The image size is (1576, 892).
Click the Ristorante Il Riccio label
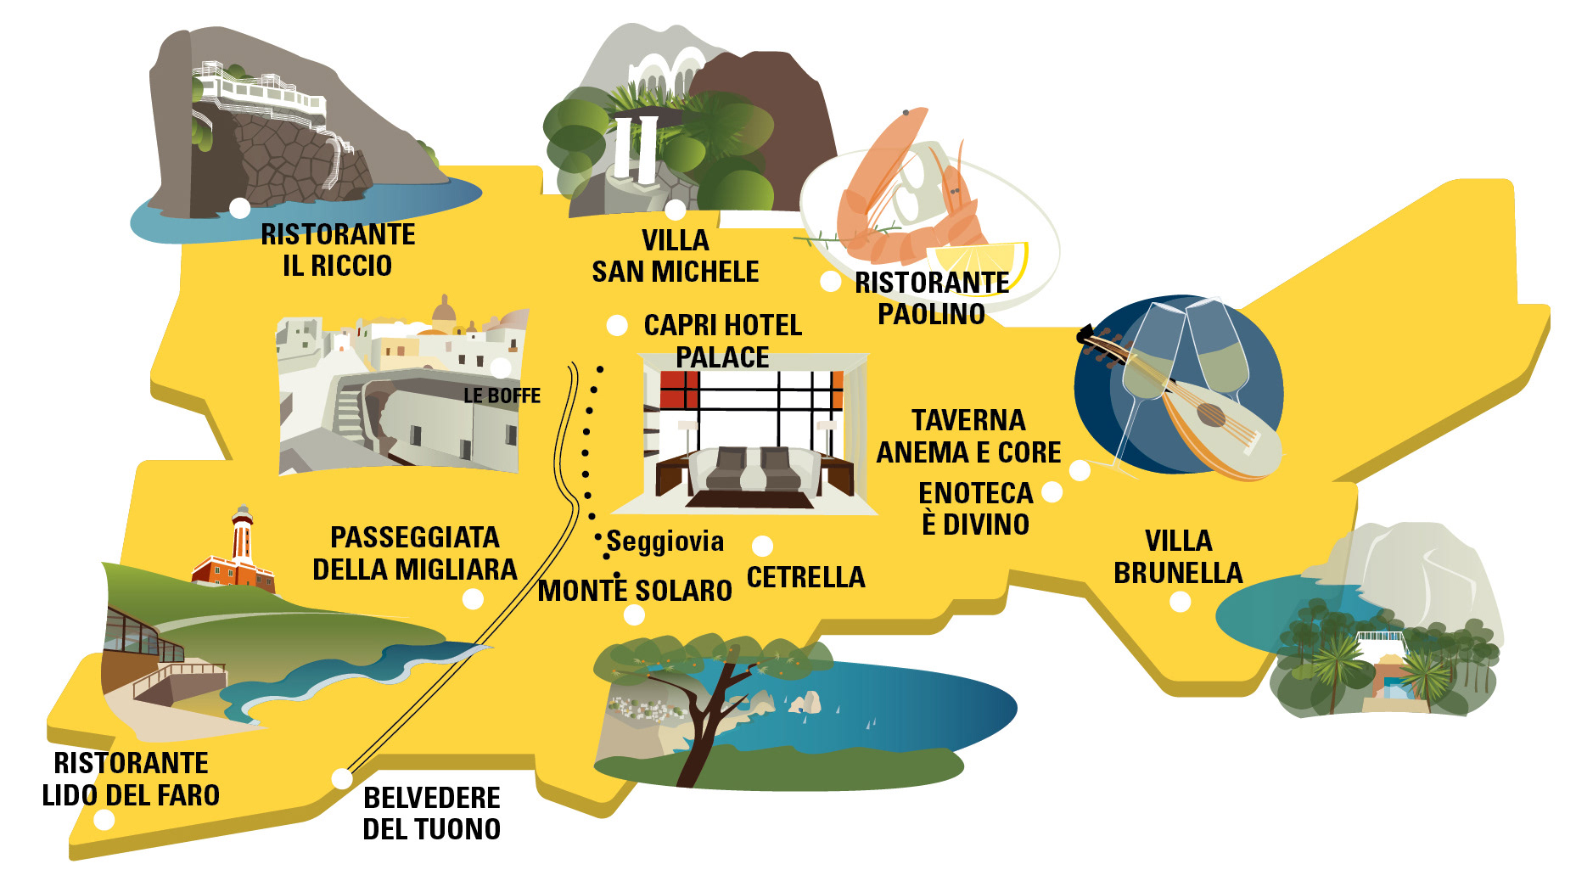338,250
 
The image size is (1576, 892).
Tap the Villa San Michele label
675,255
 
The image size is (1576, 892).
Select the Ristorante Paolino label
931,298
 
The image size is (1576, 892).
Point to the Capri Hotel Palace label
722,340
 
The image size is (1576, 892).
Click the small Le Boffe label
502,396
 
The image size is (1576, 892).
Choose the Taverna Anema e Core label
968,436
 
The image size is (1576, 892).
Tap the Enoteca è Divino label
975,508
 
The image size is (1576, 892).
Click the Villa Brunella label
1178,557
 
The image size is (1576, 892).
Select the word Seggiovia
665,541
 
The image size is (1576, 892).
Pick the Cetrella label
805,577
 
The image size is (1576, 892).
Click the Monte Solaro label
635,591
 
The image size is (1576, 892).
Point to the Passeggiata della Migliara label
414,553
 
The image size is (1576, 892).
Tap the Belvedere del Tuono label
431,813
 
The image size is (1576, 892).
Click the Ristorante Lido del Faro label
131,779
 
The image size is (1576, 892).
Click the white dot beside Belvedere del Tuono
341,778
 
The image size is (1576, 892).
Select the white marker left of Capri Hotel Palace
617,325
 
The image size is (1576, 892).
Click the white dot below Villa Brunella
1180,602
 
